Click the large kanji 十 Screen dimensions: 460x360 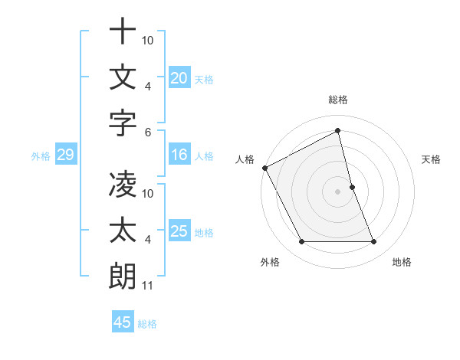pos(123,31)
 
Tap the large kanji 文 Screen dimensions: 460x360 pos(123,77)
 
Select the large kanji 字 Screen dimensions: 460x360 pos(123,123)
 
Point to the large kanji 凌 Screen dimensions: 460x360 pos(123,185)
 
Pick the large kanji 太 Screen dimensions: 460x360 pos(123,231)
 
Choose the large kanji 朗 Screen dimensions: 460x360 pos(123,277)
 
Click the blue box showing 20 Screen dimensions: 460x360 pos(179,77)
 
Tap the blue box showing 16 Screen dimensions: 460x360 pos(179,155)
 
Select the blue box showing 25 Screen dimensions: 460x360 pos(179,231)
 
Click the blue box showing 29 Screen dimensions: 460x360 pos(65,155)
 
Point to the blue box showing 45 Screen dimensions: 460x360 pos(123,322)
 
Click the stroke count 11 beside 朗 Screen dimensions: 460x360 pos(148,286)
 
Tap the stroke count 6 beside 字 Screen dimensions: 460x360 pos(148,132)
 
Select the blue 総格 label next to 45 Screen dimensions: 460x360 pos(147,324)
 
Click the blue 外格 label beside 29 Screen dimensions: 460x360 pos(41,156)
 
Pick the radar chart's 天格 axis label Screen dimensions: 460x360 pos(432,159)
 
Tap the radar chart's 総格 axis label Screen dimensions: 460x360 pos(338,100)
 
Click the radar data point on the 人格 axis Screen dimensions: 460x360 pos(265,168)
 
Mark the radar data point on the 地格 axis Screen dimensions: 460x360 pos(374,242)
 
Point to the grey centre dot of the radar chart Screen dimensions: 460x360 pos(338,191)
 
